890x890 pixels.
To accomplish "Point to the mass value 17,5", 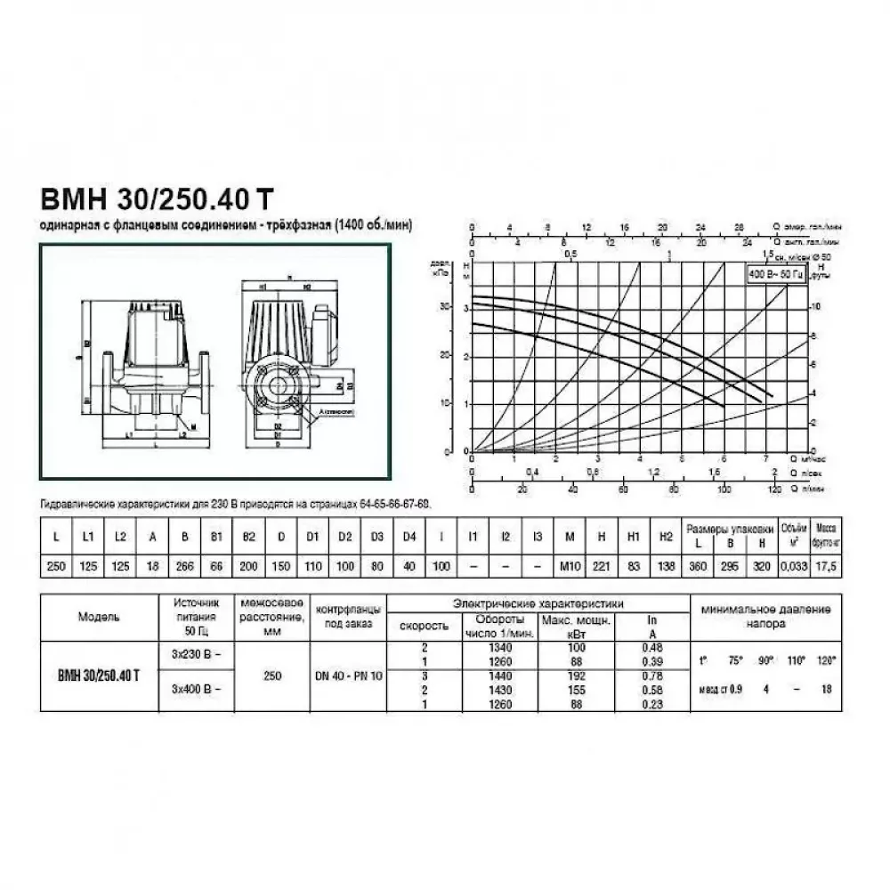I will (828, 567).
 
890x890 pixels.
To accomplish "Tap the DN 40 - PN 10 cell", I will (349, 676).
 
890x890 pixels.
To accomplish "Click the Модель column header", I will (99, 615).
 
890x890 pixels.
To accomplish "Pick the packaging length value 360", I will (697, 567).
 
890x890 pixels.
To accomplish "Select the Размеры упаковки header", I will (729, 526).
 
